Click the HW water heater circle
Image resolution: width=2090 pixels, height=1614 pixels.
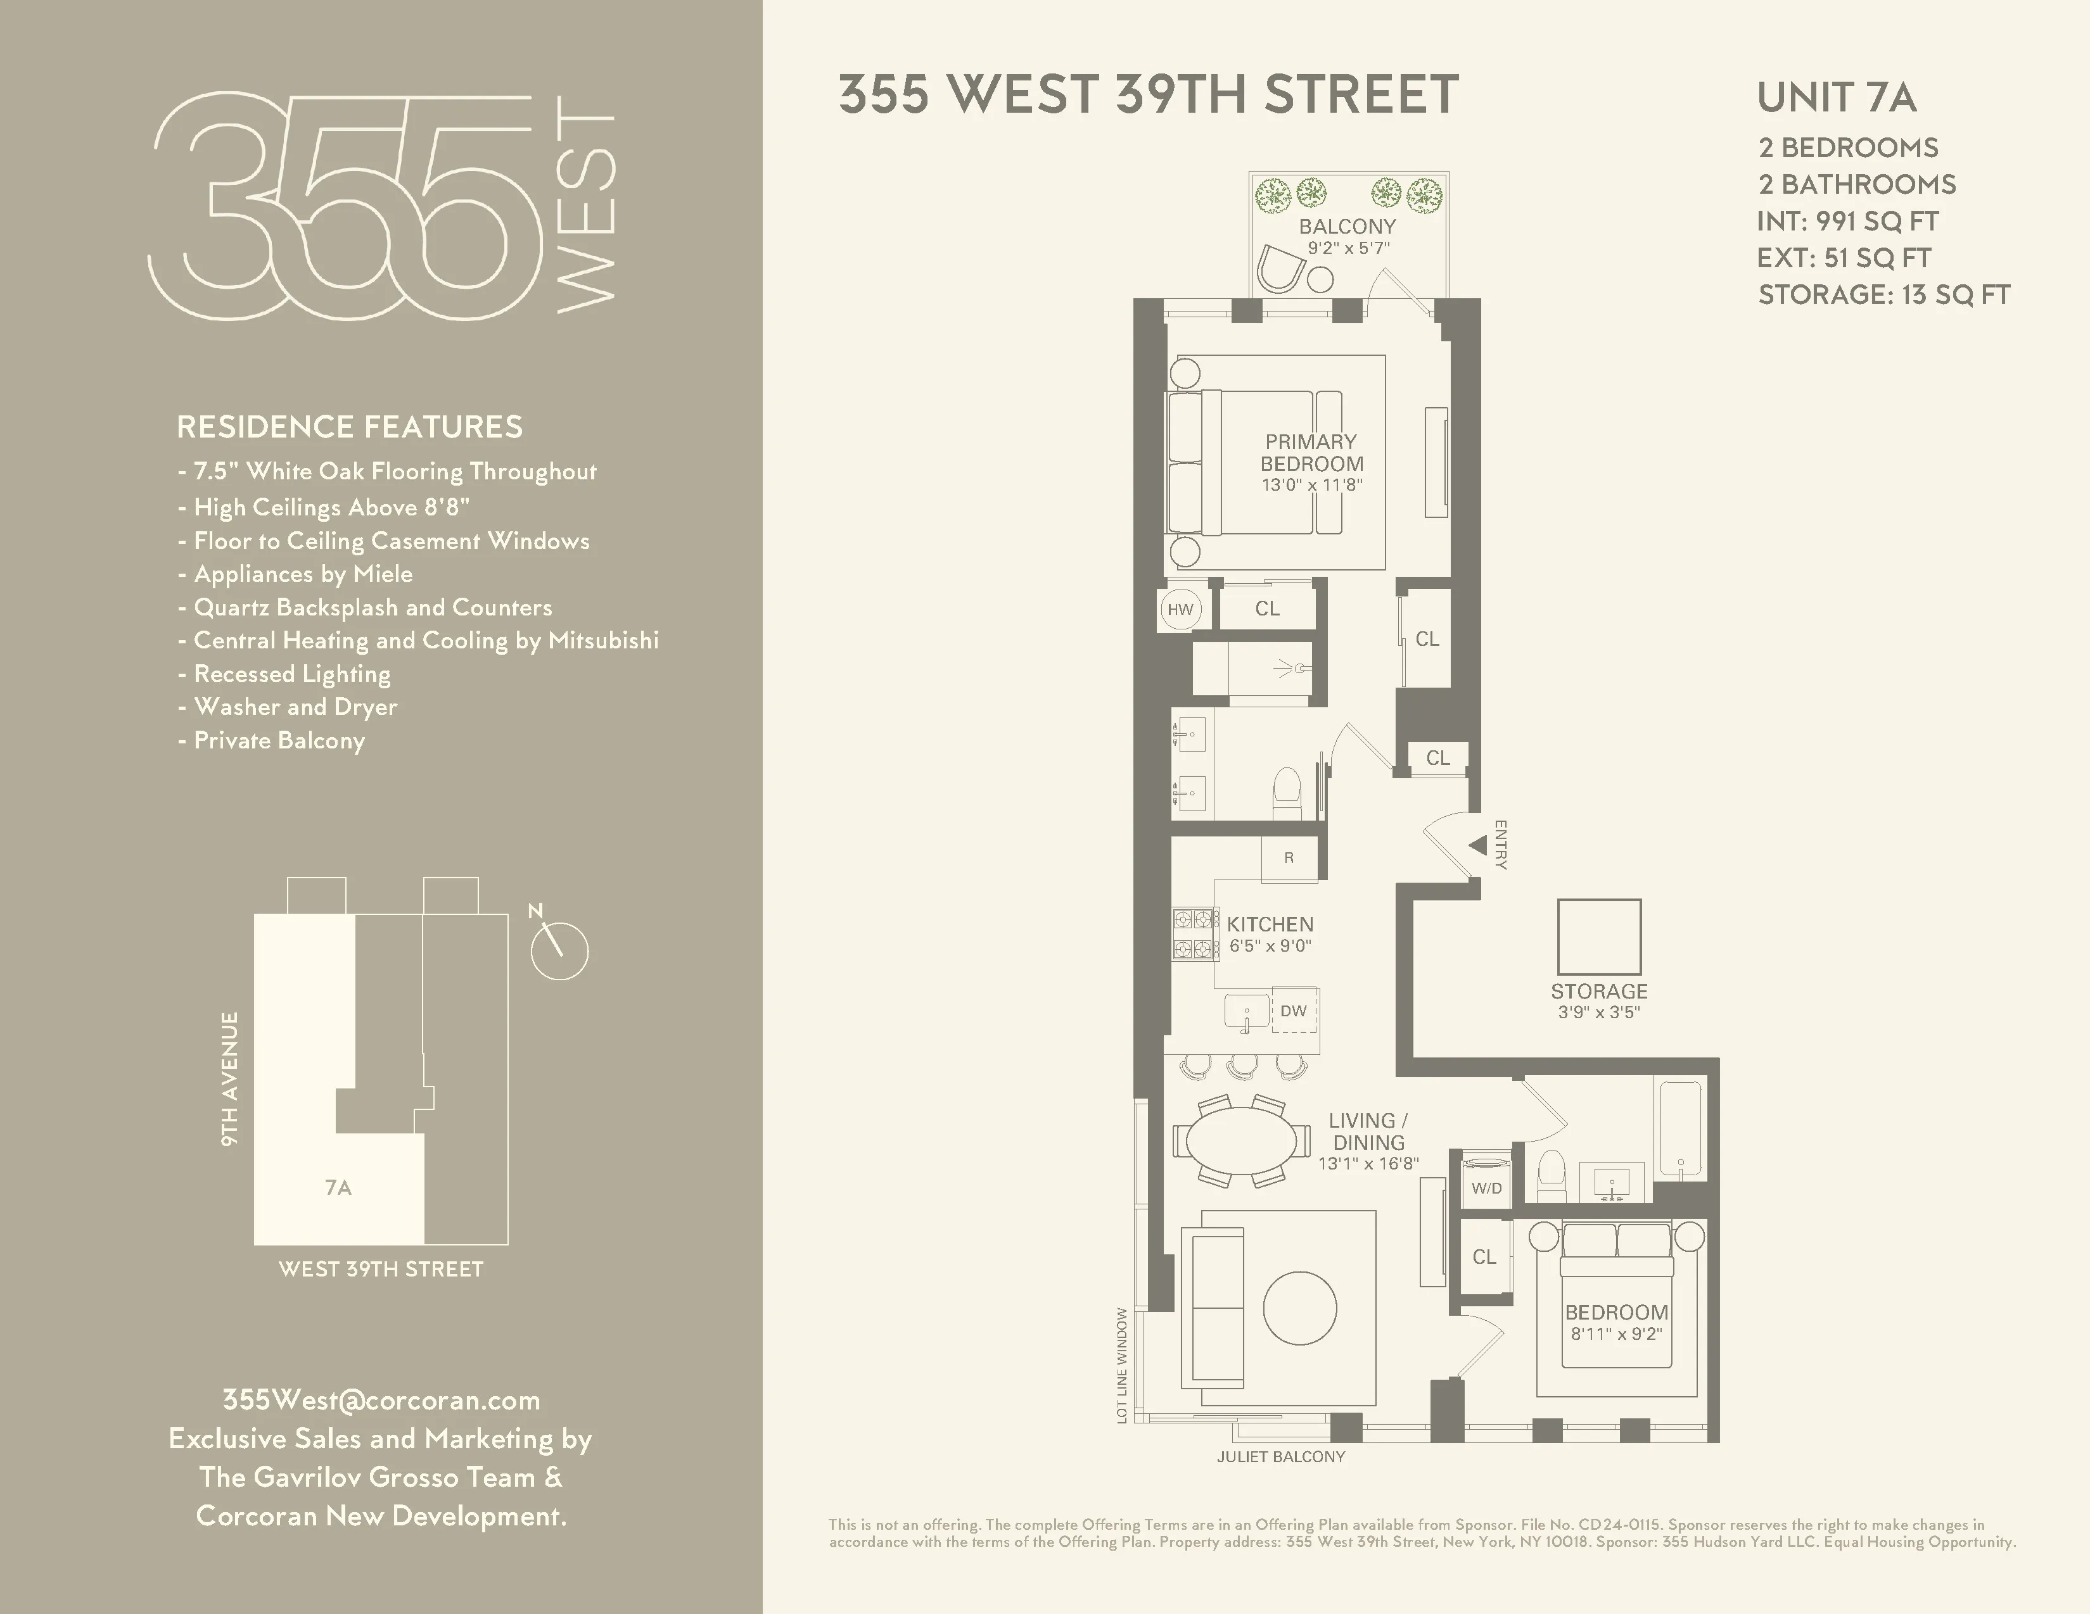[1180, 609]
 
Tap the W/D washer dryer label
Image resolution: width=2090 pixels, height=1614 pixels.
[1486, 1188]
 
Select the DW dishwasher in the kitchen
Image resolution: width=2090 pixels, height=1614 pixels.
[1294, 1011]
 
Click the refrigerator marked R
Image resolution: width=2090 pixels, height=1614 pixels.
[1289, 858]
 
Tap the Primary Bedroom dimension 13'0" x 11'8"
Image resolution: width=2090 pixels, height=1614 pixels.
[1311, 485]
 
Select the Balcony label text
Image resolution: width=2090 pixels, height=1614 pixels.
[1348, 227]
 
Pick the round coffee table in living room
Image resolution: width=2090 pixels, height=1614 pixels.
[1299, 1309]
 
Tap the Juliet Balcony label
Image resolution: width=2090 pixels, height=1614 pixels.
[1280, 1456]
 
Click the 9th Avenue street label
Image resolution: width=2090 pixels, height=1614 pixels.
[230, 1078]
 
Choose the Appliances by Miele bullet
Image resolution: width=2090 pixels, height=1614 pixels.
[302, 574]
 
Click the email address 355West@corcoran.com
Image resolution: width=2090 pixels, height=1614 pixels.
[381, 1400]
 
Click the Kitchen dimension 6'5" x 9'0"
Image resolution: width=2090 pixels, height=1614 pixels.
[1270, 946]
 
